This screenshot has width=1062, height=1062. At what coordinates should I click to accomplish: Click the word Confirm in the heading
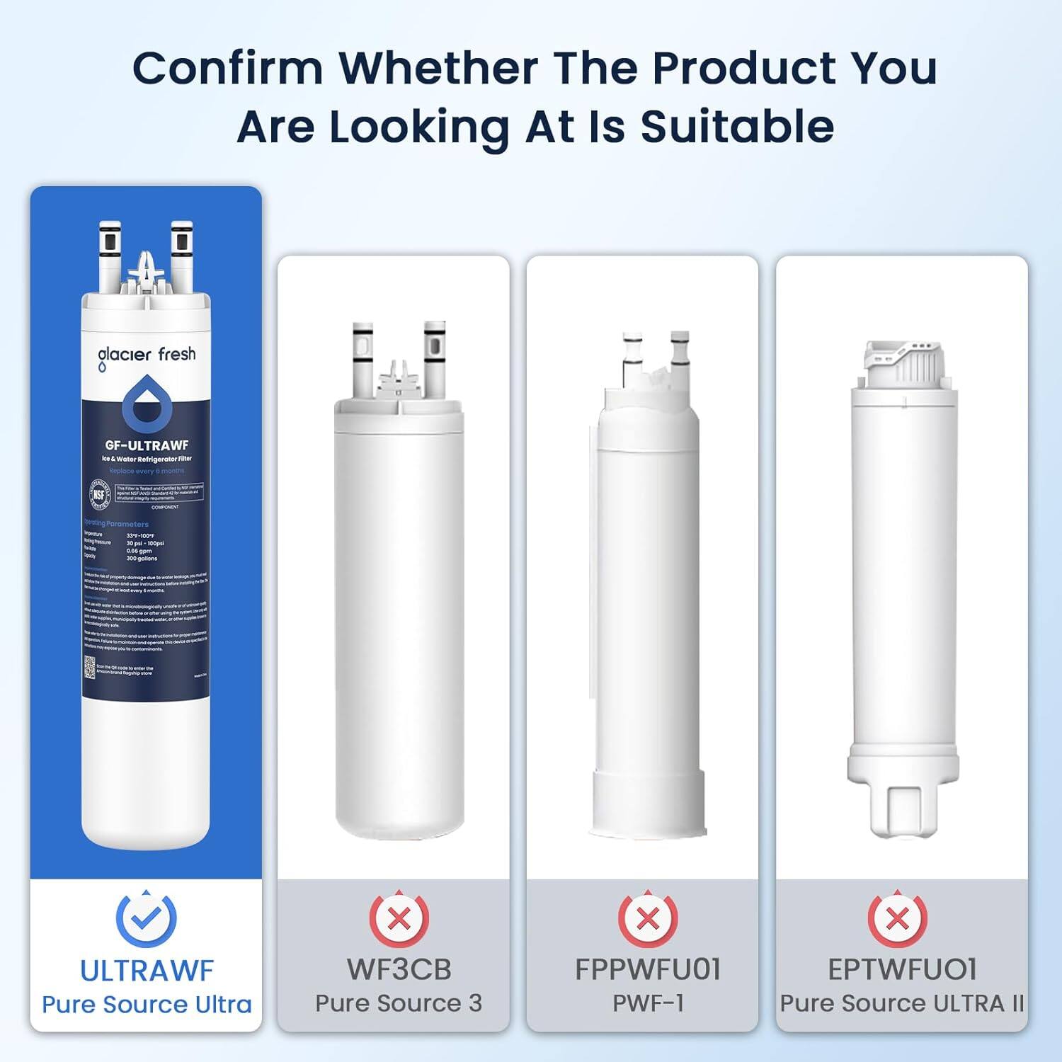[227, 68]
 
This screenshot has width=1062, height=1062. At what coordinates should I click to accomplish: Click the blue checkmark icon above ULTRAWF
[146, 918]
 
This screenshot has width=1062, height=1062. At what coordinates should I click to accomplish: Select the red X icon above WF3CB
[399, 919]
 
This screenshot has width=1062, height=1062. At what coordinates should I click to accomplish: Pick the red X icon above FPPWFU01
[648, 919]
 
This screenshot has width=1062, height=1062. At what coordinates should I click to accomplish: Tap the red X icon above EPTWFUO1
[897, 919]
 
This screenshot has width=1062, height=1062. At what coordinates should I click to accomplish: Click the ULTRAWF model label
[147, 971]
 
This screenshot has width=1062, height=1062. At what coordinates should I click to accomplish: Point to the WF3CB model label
[399, 969]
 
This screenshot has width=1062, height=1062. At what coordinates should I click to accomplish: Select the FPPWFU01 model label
[648, 969]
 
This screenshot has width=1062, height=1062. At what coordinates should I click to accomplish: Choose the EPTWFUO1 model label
[902, 969]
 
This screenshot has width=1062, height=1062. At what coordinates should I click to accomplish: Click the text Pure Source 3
[399, 1003]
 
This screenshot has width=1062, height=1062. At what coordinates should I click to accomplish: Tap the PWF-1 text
[648, 1003]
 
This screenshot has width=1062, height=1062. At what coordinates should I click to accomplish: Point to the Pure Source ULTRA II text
[902, 1003]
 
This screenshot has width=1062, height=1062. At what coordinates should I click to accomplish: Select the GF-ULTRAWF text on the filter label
[147, 445]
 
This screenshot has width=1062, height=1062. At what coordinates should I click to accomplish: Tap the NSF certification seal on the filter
[99, 493]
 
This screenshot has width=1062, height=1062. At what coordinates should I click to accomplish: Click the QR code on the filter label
[90, 667]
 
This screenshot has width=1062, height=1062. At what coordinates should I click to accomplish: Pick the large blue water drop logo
[147, 404]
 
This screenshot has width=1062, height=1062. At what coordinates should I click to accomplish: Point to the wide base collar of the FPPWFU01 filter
[649, 804]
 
